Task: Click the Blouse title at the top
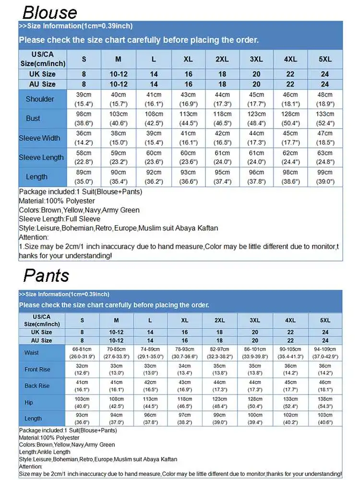pyautogui.click(x=50, y=12)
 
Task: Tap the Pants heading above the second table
pyautogui.click(x=46, y=275)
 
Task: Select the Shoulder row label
pyautogui.click(x=40, y=99)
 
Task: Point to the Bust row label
pyautogui.click(x=33, y=119)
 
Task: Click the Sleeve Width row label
pyautogui.click(x=40, y=138)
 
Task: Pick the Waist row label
pyautogui.click(x=32, y=353)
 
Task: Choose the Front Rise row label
pyautogui.click(x=37, y=370)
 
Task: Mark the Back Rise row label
pyautogui.click(x=37, y=386)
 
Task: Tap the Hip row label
pyautogui.click(x=29, y=402)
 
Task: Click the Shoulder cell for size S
pyautogui.click(x=84, y=99)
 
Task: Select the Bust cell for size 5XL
pyautogui.click(x=325, y=119)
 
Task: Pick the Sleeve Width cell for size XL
pyautogui.click(x=188, y=138)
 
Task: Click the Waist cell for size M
pyautogui.click(x=116, y=353)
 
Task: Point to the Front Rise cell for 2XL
pyautogui.click(x=219, y=370)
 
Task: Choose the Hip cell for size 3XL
pyautogui.click(x=255, y=402)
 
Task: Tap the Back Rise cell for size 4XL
pyautogui.click(x=290, y=386)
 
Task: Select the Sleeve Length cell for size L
pyautogui.click(x=154, y=157)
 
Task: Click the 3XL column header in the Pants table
pyautogui.click(x=255, y=320)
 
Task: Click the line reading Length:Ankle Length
pyautogui.click(x=45, y=452)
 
